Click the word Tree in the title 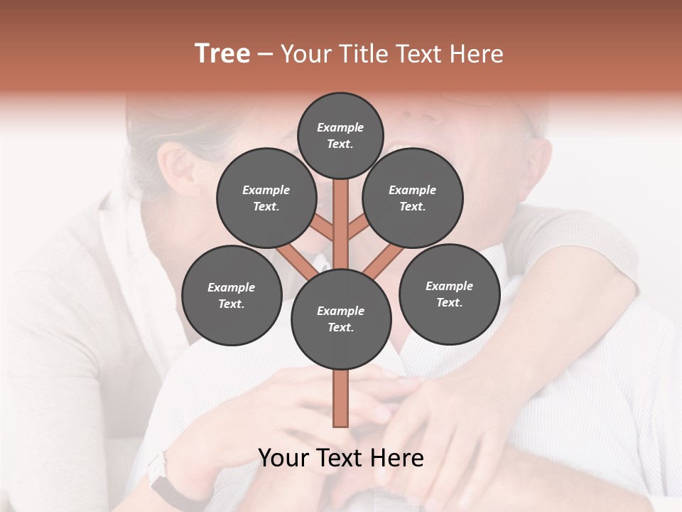click(x=222, y=54)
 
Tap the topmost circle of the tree click(x=340, y=135)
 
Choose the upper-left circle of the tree click(x=266, y=198)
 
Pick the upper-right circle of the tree click(x=413, y=198)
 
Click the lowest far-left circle click(x=232, y=295)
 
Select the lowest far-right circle click(x=449, y=294)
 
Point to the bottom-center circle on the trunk click(x=341, y=319)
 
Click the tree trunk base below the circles click(x=340, y=398)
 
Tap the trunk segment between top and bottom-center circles click(x=341, y=224)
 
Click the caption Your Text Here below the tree click(x=341, y=458)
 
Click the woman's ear click(x=178, y=169)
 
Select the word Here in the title click(x=477, y=54)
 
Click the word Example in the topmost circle click(x=340, y=127)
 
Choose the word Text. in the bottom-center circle click(x=340, y=328)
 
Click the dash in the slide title click(x=265, y=54)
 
